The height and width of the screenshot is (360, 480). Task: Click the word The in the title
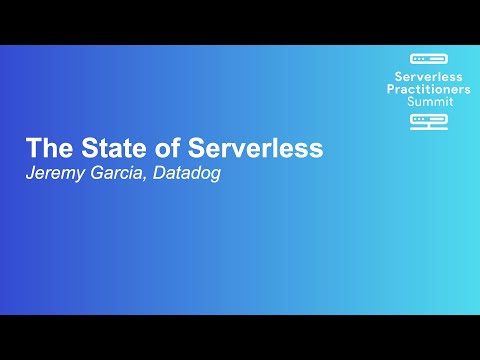(46, 148)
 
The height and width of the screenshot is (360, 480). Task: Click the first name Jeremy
(57, 173)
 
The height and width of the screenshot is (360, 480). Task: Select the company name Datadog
(190, 172)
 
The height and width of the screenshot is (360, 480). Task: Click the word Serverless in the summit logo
(430, 76)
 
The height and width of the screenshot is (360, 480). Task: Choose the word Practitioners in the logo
(430, 89)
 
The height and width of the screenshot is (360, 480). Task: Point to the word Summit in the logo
(430, 101)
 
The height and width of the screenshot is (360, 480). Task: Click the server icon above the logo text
(430, 59)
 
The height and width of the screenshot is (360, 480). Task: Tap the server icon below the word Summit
(430, 119)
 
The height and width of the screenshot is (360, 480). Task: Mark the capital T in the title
(33, 148)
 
